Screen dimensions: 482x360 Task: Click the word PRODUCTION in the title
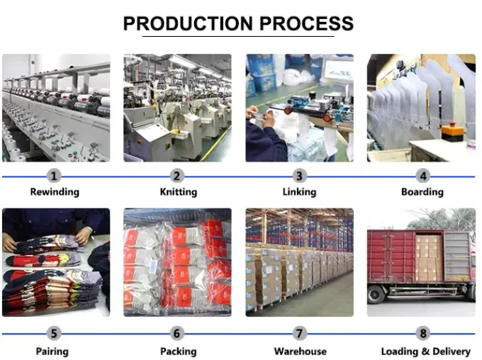188,23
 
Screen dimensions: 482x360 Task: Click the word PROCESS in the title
306,23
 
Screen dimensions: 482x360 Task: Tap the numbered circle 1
55,176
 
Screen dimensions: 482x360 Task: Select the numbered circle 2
177,176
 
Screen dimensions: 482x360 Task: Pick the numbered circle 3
300,176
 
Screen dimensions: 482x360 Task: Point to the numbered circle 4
423,176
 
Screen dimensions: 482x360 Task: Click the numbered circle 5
55,334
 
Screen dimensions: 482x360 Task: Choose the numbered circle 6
177,334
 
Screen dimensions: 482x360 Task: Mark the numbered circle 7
300,334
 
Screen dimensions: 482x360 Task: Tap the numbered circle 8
423,334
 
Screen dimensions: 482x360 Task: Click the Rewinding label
55,192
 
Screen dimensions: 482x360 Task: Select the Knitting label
177,192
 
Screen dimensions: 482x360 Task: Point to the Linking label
300,192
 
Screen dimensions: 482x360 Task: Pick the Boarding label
422,192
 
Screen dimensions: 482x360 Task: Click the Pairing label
52,351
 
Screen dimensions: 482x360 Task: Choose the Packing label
177,351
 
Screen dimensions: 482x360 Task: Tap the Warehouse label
301,351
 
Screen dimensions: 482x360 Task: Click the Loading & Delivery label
425,351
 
